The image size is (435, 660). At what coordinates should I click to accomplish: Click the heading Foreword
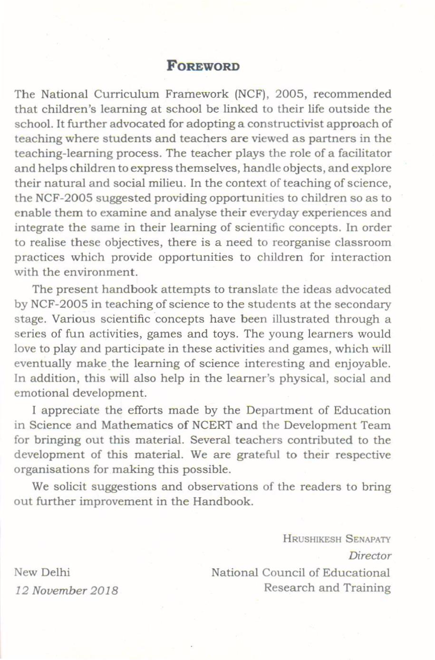(203, 66)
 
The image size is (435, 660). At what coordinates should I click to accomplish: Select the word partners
(340, 138)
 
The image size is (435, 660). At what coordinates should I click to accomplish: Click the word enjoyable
(364, 364)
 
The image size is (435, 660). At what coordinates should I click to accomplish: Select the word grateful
(258, 454)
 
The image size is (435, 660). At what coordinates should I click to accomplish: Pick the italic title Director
(369, 555)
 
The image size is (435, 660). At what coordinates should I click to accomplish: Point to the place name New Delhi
(42, 572)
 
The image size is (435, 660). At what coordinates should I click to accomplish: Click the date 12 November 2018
(67, 591)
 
